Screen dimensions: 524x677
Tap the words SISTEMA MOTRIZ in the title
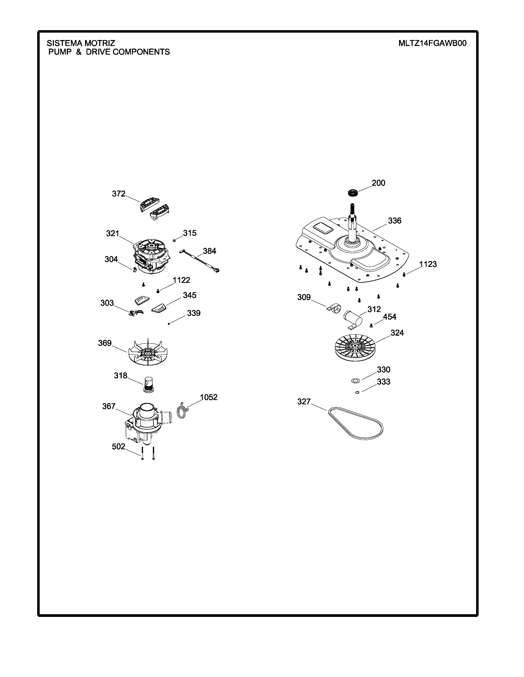[81, 43]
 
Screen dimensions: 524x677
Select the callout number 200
[378, 183]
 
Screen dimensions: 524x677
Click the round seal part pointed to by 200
[353, 192]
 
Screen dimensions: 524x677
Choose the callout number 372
[119, 194]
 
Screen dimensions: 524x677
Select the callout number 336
[395, 221]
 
